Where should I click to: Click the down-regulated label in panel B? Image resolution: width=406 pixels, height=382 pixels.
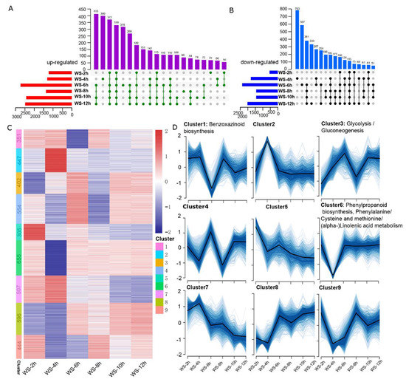pos(238,64)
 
